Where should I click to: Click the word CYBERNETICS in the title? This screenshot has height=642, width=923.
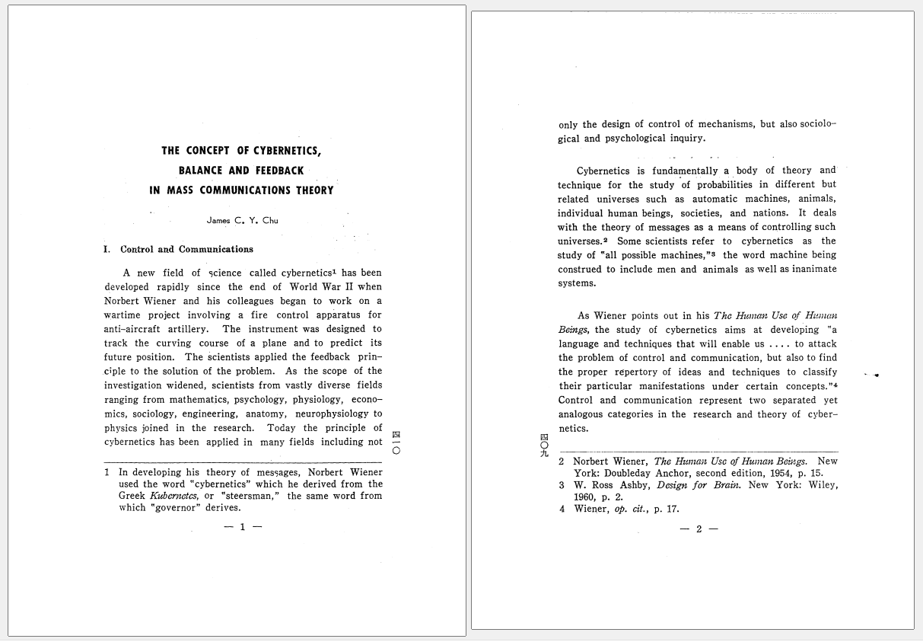[285, 150]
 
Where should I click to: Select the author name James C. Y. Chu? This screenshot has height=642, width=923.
[242, 221]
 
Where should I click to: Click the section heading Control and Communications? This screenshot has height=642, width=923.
[186, 249]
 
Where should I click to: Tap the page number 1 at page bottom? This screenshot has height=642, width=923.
[243, 526]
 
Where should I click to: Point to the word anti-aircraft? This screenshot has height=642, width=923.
[132, 329]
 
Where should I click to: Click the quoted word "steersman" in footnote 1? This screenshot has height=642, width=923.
[250, 496]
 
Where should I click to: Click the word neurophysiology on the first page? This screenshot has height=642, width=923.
[333, 414]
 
